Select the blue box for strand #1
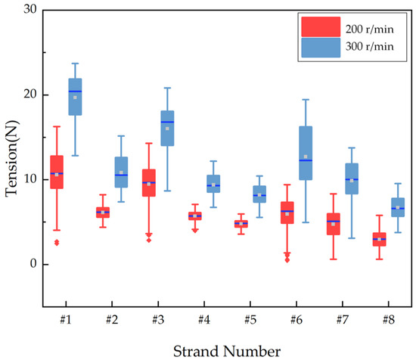click(75, 97)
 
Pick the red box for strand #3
click(149, 182)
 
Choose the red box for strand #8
click(379, 239)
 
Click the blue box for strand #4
click(213, 184)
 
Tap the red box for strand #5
click(241, 223)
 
